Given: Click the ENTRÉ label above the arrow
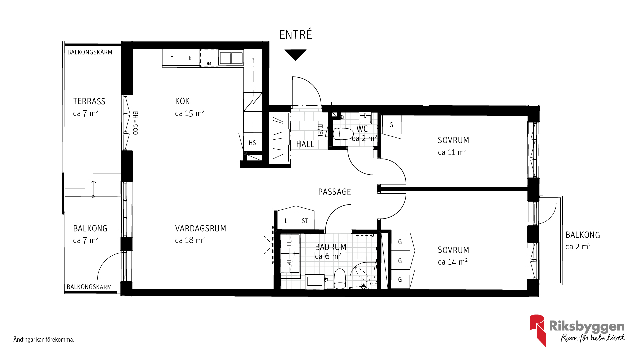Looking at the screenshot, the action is (x=296, y=34).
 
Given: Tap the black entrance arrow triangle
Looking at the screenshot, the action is (x=295, y=54).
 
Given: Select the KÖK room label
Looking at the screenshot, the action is (x=182, y=101).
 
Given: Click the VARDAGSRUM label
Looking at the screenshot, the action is (x=201, y=228).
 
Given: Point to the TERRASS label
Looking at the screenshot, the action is (x=89, y=101).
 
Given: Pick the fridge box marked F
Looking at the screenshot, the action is (x=172, y=58).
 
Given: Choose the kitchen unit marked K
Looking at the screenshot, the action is (x=190, y=58).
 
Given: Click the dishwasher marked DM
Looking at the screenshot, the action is (x=209, y=58).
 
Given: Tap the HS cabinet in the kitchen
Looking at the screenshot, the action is (x=252, y=143).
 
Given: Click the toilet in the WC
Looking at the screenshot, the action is (x=343, y=134).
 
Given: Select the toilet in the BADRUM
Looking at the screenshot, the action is (x=340, y=279).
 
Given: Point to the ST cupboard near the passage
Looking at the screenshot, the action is (x=305, y=221).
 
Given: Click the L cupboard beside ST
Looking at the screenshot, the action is (x=286, y=221).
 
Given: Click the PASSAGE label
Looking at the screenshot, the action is (x=334, y=192).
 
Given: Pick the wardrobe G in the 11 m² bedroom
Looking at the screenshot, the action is (x=391, y=125).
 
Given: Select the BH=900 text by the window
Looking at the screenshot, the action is (x=135, y=123).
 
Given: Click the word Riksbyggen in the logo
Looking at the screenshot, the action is (x=587, y=326).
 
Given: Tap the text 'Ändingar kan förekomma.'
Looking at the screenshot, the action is (x=44, y=340).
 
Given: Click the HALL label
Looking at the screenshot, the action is (x=305, y=144).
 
